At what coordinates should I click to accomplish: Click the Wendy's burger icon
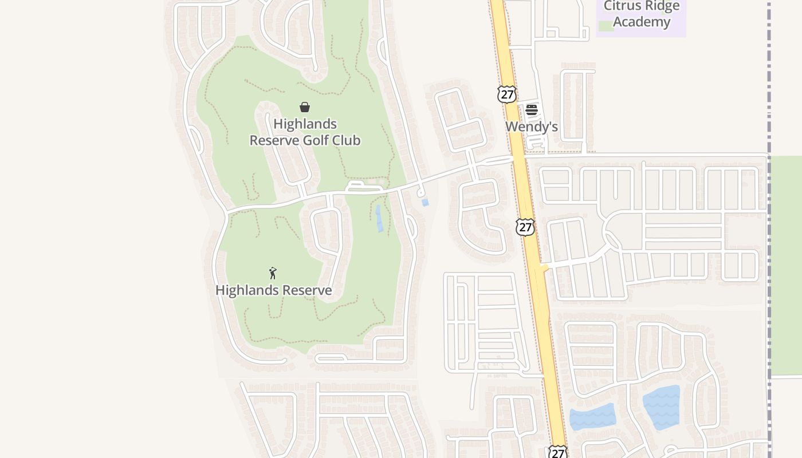(532, 110)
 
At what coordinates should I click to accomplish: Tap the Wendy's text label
(532, 127)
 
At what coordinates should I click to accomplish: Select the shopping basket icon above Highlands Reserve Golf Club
(305, 107)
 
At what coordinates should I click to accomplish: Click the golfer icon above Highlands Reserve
(273, 273)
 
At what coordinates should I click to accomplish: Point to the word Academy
(641, 22)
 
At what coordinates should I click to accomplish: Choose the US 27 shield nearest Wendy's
(507, 94)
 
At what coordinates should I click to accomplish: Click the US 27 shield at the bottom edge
(557, 452)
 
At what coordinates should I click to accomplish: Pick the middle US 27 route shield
(525, 227)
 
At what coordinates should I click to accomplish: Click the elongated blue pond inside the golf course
(379, 218)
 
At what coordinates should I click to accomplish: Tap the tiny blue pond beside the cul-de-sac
(425, 202)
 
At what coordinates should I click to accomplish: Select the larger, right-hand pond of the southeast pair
(662, 408)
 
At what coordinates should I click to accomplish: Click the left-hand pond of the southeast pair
(592, 417)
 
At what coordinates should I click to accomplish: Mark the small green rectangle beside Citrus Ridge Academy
(605, 26)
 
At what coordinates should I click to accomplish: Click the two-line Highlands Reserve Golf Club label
(305, 132)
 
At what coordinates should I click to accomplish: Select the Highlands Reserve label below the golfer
(273, 290)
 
